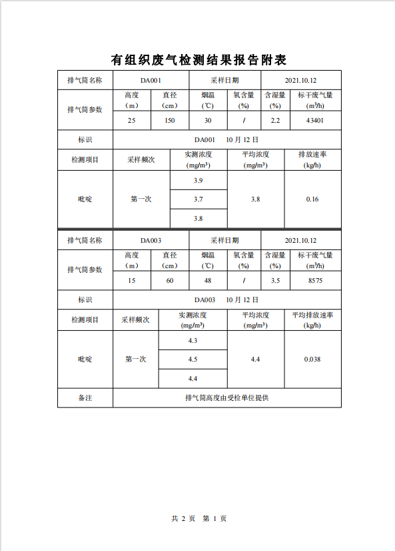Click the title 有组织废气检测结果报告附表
click(x=198, y=60)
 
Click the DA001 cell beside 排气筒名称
click(x=151, y=81)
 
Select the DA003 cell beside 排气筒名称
click(x=151, y=241)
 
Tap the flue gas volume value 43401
click(x=315, y=121)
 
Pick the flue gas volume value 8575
click(x=315, y=281)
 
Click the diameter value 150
click(x=170, y=121)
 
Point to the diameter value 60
click(x=170, y=281)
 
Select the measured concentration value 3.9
click(x=198, y=181)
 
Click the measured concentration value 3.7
click(x=198, y=199)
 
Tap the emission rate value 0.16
click(x=312, y=199)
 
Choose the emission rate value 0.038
click(x=312, y=360)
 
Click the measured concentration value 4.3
click(x=193, y=341)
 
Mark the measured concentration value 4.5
click(x=193, y=360)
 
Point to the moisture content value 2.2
click(x=275, y=121)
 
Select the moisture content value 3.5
click(x=275, y=281)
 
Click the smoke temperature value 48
click(x=208, y=281)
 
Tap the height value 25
click(x=131, y=121)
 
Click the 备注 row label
click(x=85, y=398)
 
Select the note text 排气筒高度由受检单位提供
click(x=226, y=398)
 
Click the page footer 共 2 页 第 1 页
click(x=198, y=518)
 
